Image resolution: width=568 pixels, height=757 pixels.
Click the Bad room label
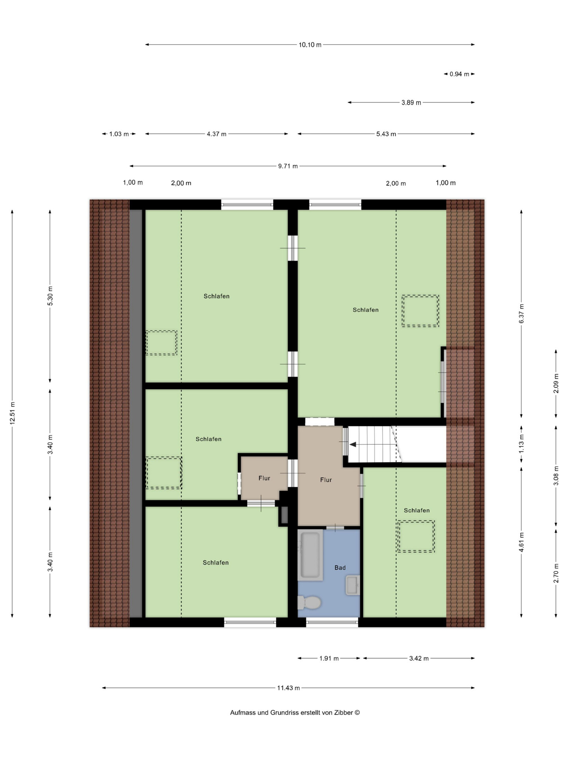click(340, 568)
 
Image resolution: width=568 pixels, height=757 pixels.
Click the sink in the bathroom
click(353, 585)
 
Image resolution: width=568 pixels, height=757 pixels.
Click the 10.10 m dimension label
click(310, 45)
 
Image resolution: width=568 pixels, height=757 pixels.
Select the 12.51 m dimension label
click(13, 413)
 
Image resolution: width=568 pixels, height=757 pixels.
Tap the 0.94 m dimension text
click(460, 74)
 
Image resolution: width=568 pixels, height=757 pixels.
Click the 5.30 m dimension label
click(50, 296)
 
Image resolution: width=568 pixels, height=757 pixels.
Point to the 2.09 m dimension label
click(556, 383)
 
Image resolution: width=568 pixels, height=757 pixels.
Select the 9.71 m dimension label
click(288, 166)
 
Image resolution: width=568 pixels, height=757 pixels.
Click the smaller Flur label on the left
click(264, 478)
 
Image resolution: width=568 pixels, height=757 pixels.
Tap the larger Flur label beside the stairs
click(326, 480)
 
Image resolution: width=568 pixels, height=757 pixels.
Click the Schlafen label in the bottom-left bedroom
click(216, 563)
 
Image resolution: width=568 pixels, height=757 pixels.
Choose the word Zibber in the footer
click(344, 712)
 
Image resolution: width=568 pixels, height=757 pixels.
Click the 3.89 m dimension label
click(411, 103)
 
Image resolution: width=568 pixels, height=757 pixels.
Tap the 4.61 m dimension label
click(521, 542)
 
